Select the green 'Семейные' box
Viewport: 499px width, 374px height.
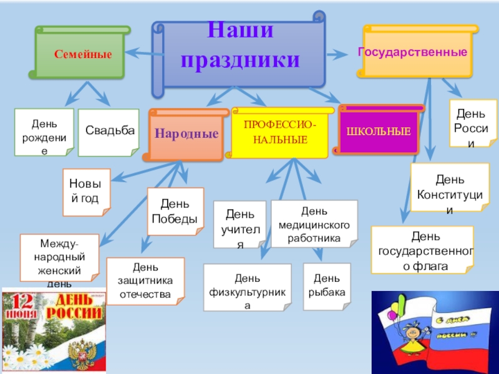[x=82, y=55]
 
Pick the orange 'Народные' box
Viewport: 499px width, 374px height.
[x=187, y=133]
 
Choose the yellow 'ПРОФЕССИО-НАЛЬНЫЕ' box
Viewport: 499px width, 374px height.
[x=279, y=133]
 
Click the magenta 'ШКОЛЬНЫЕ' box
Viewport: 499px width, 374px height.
[x=379, y=131]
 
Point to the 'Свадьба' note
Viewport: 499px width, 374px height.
[x=109, y=132]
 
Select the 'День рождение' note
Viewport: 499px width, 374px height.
[x=44, y=132]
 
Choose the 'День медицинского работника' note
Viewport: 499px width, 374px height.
[x=314, y=223]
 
